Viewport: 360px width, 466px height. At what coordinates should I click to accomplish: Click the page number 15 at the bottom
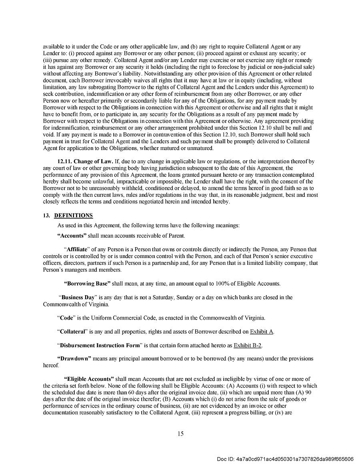pyautogui.click(x=180, y=433)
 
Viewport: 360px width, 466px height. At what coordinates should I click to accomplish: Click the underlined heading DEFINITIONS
pyautogui.click(x=73, y=216)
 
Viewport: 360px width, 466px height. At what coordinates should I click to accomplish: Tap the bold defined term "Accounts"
pyautogui.click(x=72, y=236)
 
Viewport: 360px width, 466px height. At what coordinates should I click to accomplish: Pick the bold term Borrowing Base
pyautogui.click(x=87, y=284)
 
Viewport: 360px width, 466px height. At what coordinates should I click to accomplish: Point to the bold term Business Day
pyautogui.click(x=78, y=298)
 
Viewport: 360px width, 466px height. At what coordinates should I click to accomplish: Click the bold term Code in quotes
pyautogui.click(x=66, y=318)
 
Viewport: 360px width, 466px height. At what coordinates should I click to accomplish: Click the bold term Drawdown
pyautogui.click(x=74, y=359)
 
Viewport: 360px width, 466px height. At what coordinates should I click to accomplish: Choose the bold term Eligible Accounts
pyautogui.click(x=89, y=379)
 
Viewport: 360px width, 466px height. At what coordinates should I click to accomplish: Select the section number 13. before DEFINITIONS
pyautogui.click(x=46, y=216)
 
